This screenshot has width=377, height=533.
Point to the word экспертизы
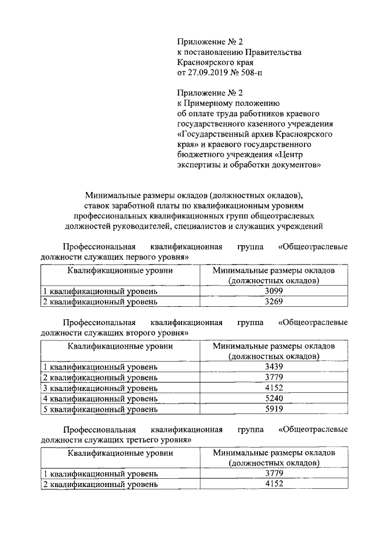(x=199, y=165)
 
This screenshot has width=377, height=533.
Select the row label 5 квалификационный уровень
(x=100, y=409)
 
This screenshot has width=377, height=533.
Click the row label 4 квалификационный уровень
(x=100, y=398)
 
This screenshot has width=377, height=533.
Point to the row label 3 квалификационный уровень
(x=100, y=388)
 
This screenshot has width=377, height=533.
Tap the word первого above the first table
(x=135, y=257)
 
